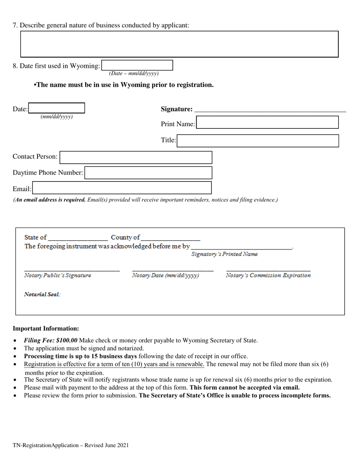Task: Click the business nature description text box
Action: pos(179,44)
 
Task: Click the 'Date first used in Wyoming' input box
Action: pos(137,65)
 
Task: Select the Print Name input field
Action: pos(267,123)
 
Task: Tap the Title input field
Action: pos(258,141)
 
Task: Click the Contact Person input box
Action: pos(136,157)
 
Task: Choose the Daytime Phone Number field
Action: pos(148,173)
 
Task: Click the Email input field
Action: pos(122,188)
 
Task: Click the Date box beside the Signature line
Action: pos(56,108)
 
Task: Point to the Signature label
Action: pos(176,109)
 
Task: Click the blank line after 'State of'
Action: pos(78,238)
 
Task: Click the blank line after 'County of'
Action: pos(170,238)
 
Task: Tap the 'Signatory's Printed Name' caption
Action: pos(224,254)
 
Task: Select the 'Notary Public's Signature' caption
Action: pos(58,275)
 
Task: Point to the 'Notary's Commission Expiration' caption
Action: pos(268,275)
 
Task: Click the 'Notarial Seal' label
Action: pos(42,294)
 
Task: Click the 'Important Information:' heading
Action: pos(46,328)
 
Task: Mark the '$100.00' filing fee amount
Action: pos(66,340)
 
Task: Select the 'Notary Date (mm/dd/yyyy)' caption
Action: pos(165,275)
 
